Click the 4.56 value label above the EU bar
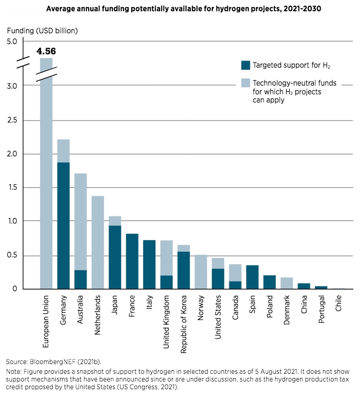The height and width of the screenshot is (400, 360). tap(46, 51)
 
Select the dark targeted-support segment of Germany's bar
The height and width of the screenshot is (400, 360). tap(63, 226)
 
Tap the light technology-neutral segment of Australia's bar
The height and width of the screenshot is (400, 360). tap(81, 222)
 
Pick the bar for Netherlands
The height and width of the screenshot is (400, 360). tap(98, 243)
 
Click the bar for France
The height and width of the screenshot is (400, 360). tap(132, 261)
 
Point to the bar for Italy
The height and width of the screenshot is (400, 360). tap(149, 264)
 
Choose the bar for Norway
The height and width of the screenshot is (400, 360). tap(201, 272)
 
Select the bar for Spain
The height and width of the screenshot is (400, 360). tap(252, 277)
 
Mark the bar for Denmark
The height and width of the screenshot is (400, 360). tap(287, 283)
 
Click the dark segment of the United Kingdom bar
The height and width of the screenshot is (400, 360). tap(166, 282)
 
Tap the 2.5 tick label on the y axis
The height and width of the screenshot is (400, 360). tap(12, 120)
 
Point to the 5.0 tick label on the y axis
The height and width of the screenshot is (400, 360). tap(12, 42)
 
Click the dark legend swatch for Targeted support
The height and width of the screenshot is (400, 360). tap(246, 65)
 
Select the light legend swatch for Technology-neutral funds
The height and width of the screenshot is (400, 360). tap(246, 83)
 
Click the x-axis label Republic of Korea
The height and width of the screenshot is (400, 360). tap(184, 324)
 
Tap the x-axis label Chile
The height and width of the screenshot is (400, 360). tap(338, 303)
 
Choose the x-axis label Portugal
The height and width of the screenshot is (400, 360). tap(321, 309)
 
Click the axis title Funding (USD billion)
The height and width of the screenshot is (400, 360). tap(43, 31)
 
